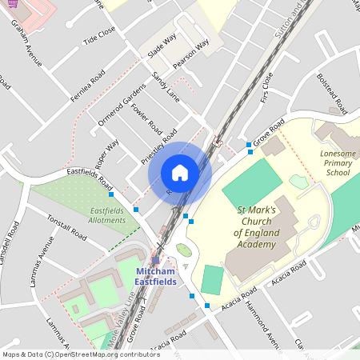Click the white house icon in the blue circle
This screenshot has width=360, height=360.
pyautogui.click(x=180, y=172)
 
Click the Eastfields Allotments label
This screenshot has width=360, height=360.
pyautogui.click(x=107, y=215)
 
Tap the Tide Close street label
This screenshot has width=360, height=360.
pyautogui.click(x=99, y=34)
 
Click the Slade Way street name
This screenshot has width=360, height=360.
pyautogui.click(x=162, y=47)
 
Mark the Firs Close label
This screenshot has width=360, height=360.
pyautogui.click(x=266, y=89)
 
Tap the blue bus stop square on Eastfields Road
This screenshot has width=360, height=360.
pyautogui.click(x=111, y=194)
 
